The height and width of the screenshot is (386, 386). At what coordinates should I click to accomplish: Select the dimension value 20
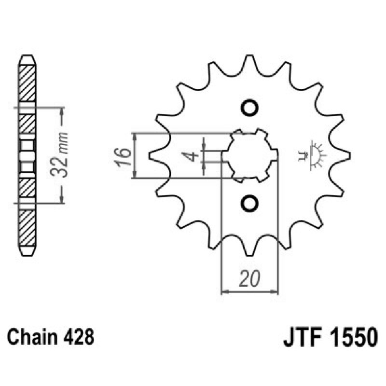click(x=250, y=278)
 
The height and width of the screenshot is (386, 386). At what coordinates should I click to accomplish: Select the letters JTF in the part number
click(x=303, y=336)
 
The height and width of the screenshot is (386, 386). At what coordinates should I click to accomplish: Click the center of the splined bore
click(x=250, y=155)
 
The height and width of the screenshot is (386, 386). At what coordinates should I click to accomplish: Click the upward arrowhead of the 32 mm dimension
click(x=61, y=111)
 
